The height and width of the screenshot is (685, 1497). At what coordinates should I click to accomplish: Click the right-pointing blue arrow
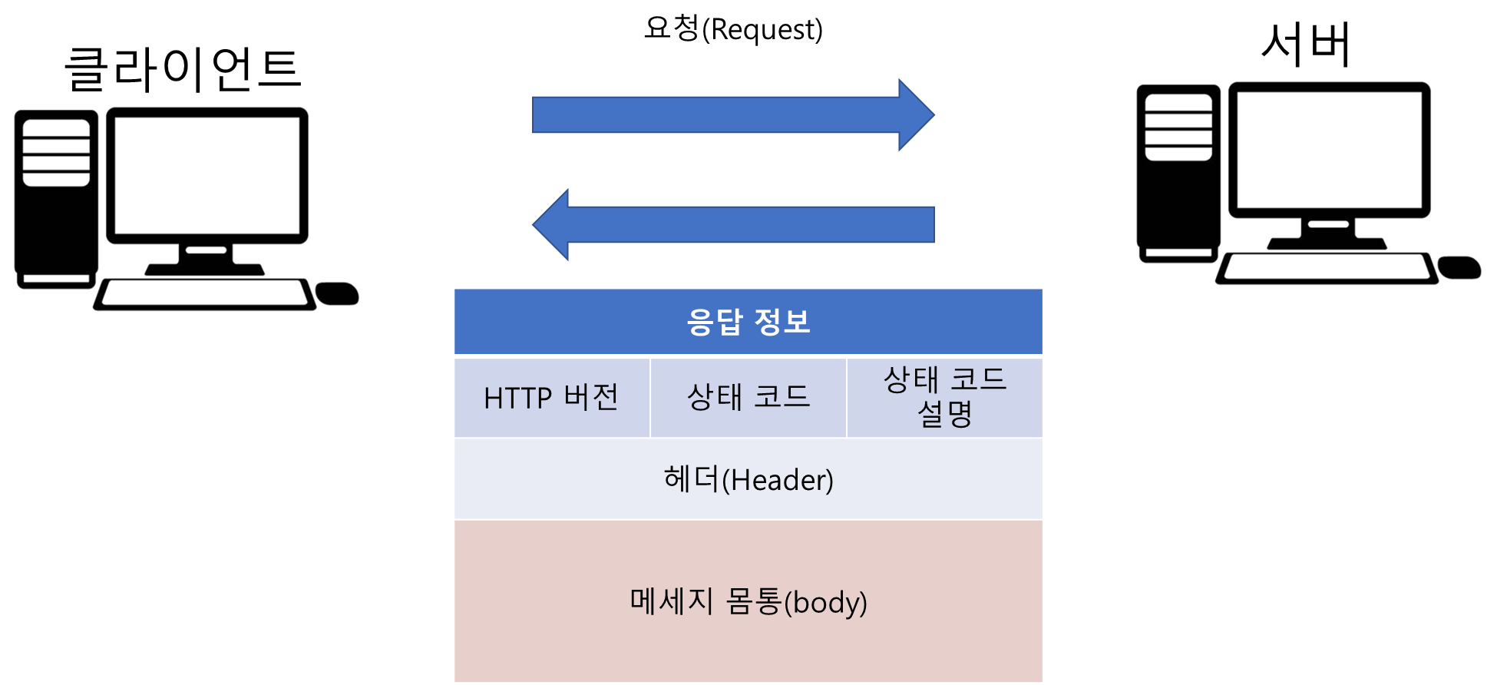pos(733,114)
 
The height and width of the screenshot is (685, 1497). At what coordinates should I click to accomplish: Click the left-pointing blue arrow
pos(733,224)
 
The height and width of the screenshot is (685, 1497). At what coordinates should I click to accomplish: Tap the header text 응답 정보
pos(748,322)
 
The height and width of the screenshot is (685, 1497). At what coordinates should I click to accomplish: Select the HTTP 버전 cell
pos(551,398)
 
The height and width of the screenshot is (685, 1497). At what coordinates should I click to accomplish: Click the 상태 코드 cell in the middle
pos(748,398)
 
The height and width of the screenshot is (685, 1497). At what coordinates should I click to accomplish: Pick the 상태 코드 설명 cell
pos(945,398)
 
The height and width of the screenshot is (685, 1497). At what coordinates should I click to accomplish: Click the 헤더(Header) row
pos(748,480)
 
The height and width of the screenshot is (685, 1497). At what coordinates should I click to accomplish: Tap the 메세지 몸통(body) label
pos(748,601)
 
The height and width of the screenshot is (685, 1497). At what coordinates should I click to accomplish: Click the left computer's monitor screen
pos(207,175)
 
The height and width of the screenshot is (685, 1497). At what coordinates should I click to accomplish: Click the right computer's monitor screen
pos(1329,150)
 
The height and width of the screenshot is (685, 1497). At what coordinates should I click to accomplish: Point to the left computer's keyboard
pos(204,295)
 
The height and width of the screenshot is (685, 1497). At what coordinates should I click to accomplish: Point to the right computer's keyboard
pos(1327,269)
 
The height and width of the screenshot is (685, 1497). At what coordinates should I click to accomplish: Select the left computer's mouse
pos(338,293)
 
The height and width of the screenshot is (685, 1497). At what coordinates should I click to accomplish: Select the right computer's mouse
pos(1459,267)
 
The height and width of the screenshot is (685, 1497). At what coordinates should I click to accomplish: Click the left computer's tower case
pos(56,200)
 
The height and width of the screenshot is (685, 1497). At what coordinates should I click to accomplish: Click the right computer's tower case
pos(1178,174)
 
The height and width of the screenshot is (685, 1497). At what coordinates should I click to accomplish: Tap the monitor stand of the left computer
pos(206,260)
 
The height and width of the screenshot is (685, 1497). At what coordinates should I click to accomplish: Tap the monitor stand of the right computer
pos(1328,233)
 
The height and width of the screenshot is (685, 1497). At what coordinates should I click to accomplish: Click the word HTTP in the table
pos(517,398)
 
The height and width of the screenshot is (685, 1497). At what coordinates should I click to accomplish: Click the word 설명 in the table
pos(945,415)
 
